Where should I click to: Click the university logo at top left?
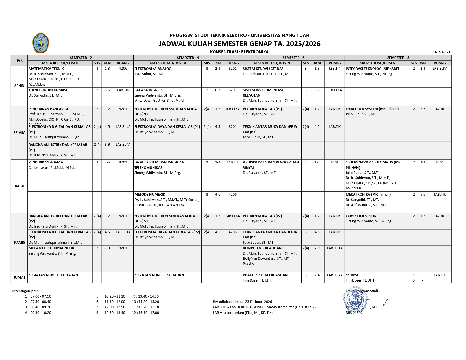point(41,43)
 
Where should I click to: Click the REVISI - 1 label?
point(443,52)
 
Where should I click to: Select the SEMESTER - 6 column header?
point(293,58)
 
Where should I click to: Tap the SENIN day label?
point(19,86)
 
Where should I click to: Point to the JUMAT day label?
point(19,277)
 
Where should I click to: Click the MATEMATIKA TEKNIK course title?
point(46,69)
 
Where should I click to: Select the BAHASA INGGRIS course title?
point(148,90)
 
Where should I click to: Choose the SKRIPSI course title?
point(352,275)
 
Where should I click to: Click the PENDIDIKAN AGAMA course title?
point(45,162)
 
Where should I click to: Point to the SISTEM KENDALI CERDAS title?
point(263,69)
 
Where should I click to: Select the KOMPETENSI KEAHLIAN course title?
point(262,248)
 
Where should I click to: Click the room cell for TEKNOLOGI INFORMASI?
point(123,90)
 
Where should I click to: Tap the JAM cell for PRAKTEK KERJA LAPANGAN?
point(317,275)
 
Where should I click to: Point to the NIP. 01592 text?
point(354,313)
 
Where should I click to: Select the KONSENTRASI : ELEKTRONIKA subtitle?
point(239,52)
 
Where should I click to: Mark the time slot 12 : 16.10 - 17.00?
point(145,313)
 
